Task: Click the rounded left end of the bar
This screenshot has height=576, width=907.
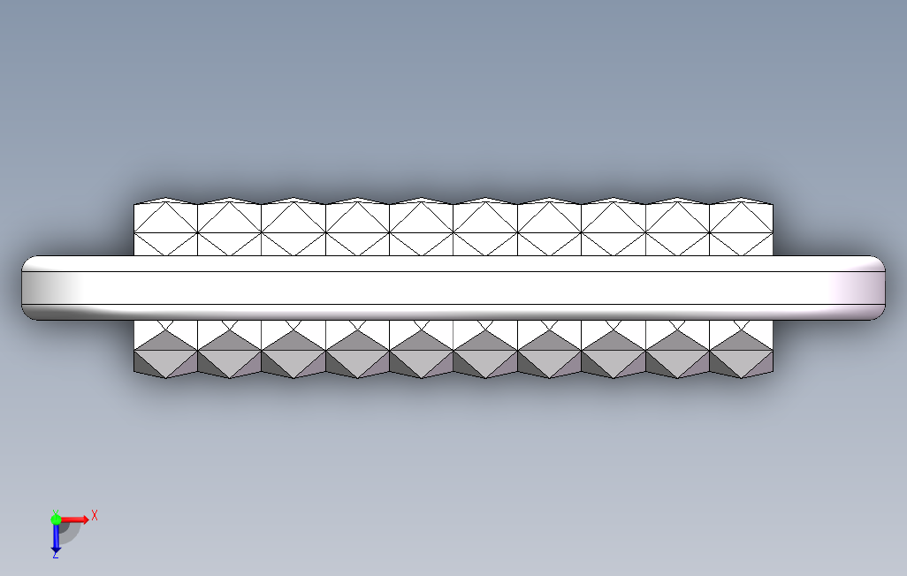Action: [32, 288]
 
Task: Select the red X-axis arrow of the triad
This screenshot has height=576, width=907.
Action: [76, 519]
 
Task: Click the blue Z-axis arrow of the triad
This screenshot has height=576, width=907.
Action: [55, 538]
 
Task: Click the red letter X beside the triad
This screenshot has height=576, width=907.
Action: [95, 515]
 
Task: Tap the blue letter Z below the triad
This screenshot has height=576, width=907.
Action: [55, 555]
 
